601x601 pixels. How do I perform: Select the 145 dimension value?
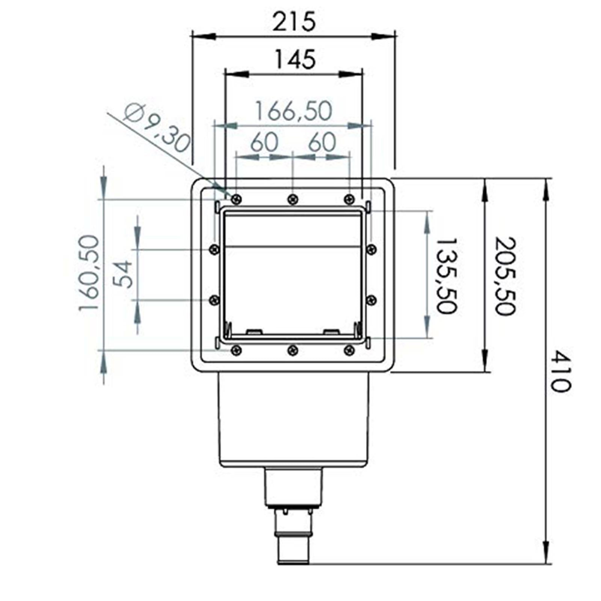(x=295, y=59)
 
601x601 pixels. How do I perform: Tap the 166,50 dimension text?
(x=294, y=111)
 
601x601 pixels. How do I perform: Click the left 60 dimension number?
(x=264, y=142)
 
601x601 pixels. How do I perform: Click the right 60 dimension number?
(x=322, y=142)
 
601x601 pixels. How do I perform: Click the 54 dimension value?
(x=124, y=274)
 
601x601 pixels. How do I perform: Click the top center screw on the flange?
(x=293, y=199)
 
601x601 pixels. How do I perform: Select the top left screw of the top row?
(x=236, y=199)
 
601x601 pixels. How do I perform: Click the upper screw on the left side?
(x=214, y=249)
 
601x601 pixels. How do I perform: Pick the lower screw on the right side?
(x=371, y=300)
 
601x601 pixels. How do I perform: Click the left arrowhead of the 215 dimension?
(x=203, y=36)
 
